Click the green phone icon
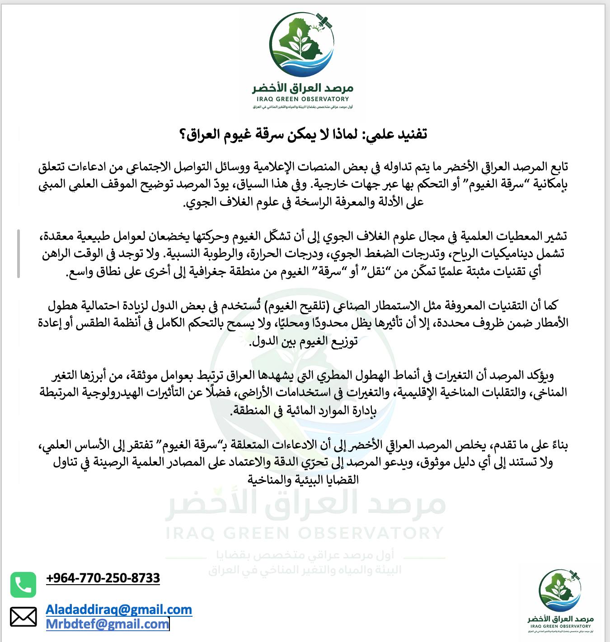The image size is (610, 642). tap(23, 585)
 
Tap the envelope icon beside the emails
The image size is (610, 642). tap(23, 617)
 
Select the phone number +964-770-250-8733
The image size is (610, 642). tap(103, 578)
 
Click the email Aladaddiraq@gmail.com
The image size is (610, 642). tap(119, 609)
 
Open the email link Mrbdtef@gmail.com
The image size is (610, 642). tap(108, 624)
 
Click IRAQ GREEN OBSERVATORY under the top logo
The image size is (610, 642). tap(302, 99)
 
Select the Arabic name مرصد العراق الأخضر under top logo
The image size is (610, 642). tap(302, 87)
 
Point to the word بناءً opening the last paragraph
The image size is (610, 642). tap(558, 445)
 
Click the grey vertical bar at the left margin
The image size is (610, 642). tap(19, 253)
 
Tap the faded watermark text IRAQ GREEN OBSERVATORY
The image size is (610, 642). tap(304, 533)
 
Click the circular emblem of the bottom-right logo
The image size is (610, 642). tap(559, 590)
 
